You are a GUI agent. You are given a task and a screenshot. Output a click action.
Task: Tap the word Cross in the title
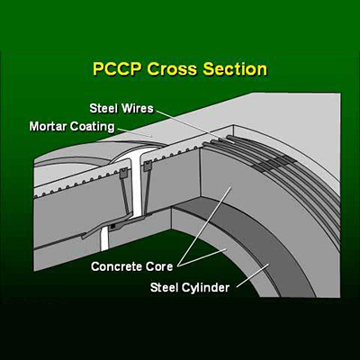point(172,69)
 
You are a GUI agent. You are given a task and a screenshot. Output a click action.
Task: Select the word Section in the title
point(235,69)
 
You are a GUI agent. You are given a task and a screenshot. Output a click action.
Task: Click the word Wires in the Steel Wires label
point(138,108)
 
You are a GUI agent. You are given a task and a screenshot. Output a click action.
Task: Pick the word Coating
point(93,127)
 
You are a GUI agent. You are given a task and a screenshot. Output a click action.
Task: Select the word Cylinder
point(205,288)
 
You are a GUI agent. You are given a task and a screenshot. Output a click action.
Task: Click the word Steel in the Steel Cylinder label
point(164,287)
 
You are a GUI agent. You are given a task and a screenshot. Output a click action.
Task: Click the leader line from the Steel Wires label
point(195,127)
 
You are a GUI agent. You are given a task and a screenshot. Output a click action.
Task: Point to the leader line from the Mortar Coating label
point(135,132)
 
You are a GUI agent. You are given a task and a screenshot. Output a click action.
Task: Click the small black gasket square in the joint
point(112,226)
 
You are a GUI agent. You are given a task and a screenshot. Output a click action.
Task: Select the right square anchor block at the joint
point(147,166)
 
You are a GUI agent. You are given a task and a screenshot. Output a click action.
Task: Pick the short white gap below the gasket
point(104,238)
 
